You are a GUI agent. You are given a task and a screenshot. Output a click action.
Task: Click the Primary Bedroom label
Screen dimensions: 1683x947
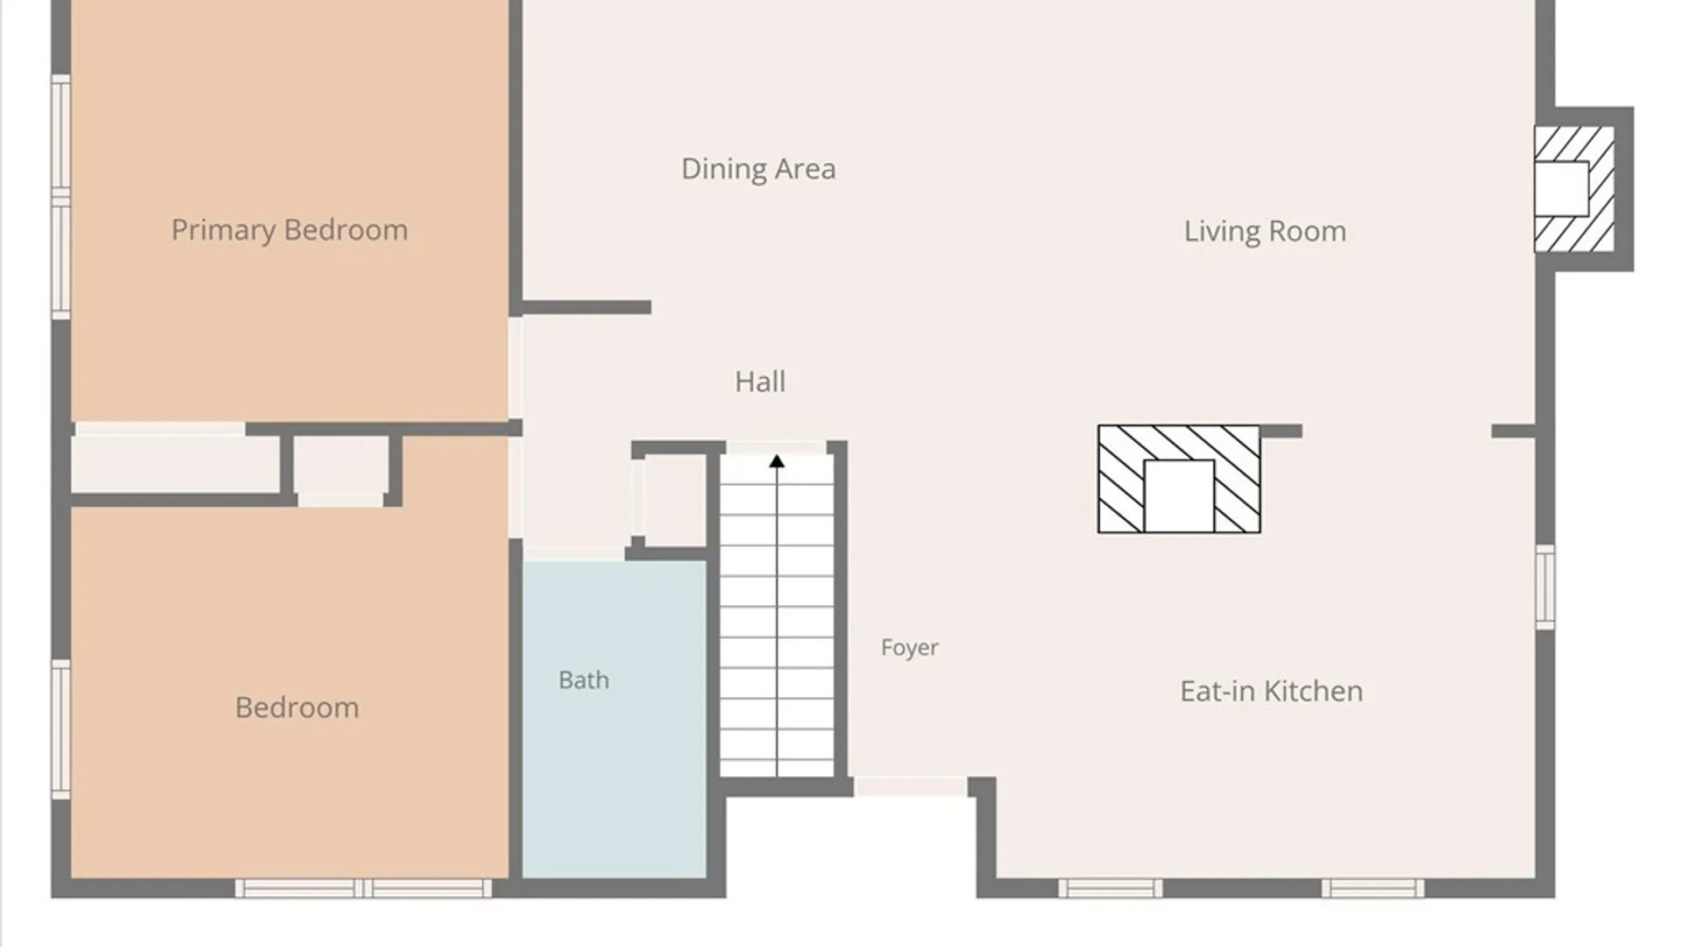pyautogui.click(x=289, y=230)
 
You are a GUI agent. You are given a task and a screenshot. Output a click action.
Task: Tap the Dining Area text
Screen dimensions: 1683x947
pyautogui.click(x=758, y=168)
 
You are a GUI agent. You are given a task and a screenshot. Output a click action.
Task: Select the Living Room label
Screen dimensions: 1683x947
pyautogui.click(x=1265, y=231)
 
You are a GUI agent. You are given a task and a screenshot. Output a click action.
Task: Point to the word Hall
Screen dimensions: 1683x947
pyautogui.click(x=760, y=381)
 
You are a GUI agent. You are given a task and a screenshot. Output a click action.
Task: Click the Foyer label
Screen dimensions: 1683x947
pyautogui.click(x=909, y=647)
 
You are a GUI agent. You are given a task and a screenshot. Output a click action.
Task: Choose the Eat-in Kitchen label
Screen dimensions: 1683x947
pyautogui.click(x=1271, y=691)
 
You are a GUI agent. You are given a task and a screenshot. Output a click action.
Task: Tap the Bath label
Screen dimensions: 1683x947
pyautogui.click(x=584, y=680)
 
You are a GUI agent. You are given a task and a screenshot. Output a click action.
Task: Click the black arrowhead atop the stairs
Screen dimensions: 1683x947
pyautogui.click(x=777, y=461)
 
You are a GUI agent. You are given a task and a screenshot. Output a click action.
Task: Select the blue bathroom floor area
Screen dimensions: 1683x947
pyautogui.click(x=614, y=719)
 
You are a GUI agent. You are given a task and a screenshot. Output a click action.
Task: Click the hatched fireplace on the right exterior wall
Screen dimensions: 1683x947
pyautogui.click(x=1574, y=189)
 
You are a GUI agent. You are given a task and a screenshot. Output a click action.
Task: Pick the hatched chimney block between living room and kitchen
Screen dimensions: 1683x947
pyautogui.click(x=1179, y=479)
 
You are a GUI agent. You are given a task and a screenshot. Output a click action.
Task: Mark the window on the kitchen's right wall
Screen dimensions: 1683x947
pyautogui.click(x=1545, y=587)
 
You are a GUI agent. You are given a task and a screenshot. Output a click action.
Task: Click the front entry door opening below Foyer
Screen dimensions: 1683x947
pyautogui.click(x=911, y=787)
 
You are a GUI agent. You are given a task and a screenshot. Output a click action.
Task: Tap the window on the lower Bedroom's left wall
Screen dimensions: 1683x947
pyautogui.click(x=60, y=729)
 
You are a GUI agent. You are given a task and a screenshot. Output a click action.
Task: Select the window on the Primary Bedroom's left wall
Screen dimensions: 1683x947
pyautogui.click(x=60, y=197)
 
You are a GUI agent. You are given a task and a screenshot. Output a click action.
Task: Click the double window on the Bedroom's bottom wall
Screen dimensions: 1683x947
pyautogui.click(x=363, y=888)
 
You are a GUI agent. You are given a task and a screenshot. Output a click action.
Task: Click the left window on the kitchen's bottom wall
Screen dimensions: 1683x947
pyautogui.click(x=1110, y=888)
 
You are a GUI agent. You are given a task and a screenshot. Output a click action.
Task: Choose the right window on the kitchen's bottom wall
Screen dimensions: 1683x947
pyautogui.click(x=1373, y=888)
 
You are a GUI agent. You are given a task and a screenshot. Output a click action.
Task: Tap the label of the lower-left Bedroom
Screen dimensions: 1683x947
pyautogui.click(x=297, y=708)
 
